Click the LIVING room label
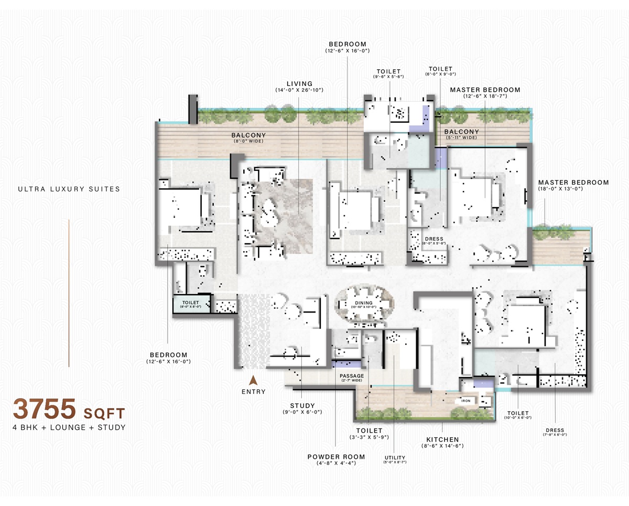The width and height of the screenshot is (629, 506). [299, 83]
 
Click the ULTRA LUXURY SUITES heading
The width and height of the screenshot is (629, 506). [68, 189]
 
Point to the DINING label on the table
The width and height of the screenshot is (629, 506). [363, 303]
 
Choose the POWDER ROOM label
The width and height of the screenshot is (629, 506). [336, 457]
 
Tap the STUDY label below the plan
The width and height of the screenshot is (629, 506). [302, 405]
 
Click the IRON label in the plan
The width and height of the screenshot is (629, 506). [466, 400]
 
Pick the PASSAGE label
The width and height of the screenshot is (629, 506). [351, 375]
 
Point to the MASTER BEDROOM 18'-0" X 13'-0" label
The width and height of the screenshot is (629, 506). [573, 182]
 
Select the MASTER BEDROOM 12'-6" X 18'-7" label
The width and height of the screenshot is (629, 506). [485, 90]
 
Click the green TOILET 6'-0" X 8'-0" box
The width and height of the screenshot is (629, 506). [190, 304]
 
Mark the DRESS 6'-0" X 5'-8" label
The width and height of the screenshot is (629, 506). [434, 239]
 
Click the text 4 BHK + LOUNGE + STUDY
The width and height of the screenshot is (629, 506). [70, 427]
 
